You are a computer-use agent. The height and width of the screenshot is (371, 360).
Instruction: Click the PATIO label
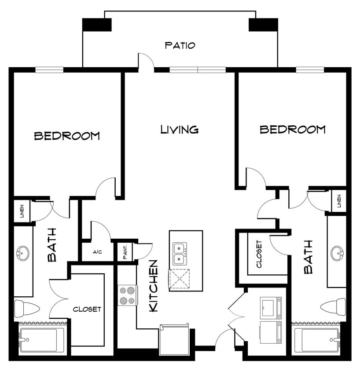click(180, 45)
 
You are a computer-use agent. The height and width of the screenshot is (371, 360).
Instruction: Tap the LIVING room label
click(179, 129)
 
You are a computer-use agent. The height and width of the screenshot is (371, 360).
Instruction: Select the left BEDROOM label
click(67, 136)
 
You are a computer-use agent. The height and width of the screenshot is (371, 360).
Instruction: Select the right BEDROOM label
click(292, 129)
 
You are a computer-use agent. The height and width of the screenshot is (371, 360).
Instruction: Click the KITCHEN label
click(154, 286)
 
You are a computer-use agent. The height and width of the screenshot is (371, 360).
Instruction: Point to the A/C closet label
click(98, 252)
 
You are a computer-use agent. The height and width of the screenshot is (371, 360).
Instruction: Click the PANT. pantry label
click(125, 252)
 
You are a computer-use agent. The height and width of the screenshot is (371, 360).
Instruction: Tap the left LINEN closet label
click(22, 211)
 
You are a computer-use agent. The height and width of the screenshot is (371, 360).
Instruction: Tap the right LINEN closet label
click(339, 201)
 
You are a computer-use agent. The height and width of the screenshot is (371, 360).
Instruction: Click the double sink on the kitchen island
click(180, 254)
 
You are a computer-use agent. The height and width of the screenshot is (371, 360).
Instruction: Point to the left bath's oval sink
click(22, 253)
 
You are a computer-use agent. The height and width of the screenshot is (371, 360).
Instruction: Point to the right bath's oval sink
click(337, 253)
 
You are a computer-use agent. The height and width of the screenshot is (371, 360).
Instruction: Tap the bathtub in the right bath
click(316, 339)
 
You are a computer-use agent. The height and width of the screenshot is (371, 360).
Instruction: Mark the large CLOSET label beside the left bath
click(87, 309)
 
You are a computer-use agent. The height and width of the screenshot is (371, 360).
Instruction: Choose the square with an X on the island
click(180, 278)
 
